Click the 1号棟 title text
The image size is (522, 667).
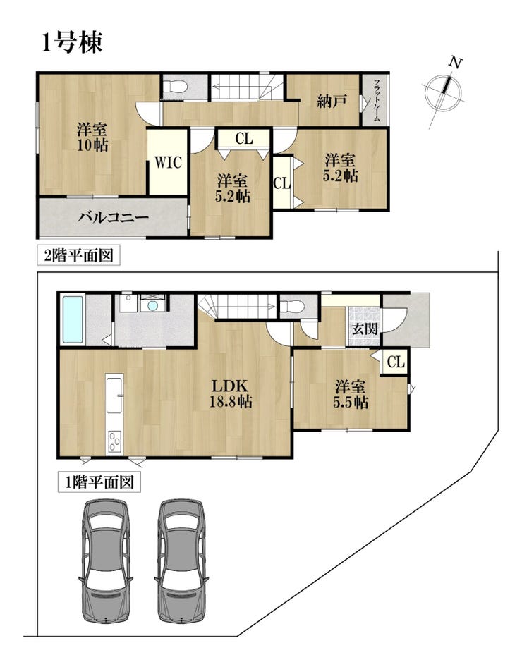[x=73, y=43]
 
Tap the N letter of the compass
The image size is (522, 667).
[x=456, y=63]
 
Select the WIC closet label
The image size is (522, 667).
[x=168, y=162]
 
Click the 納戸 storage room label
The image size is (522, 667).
[x=332, y=102]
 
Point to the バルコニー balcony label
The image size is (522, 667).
[x=114, y=218]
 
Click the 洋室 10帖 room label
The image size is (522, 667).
[x=92, y=137]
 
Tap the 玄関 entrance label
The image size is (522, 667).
[x=365, y=329]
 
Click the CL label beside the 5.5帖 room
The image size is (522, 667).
[x=396, y=362]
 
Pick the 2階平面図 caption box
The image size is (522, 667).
[x=79, y=256]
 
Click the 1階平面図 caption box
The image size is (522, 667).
[x=99, y=482]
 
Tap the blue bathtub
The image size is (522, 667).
[x=73, y=320]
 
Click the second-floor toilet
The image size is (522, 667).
[x=175, y=87]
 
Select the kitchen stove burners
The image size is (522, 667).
[x=114, y=441]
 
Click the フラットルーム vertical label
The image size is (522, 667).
[x=377, y=100]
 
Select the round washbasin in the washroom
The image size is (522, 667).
[x=153, y=306]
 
